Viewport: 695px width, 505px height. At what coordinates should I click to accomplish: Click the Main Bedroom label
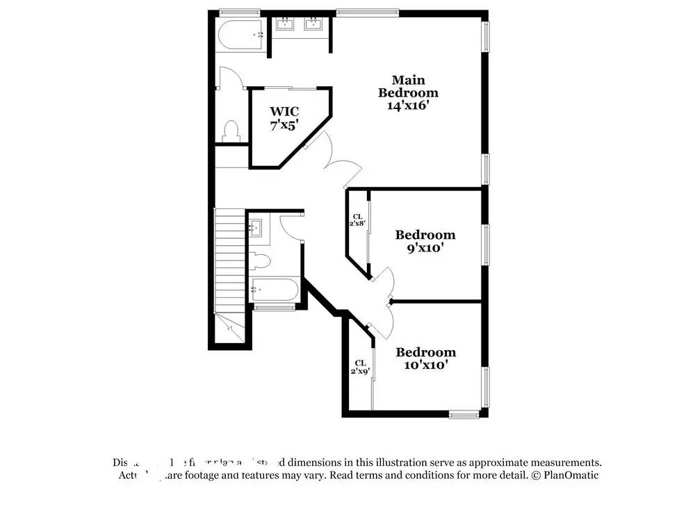coord(408,86)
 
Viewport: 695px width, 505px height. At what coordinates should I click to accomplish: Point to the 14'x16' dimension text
coord(408,106)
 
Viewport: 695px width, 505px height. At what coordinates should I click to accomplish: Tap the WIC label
coord(284,111)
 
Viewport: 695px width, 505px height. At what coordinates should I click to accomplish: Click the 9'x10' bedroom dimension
coord(425,248)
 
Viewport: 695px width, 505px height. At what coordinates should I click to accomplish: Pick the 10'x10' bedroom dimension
coord(425,365)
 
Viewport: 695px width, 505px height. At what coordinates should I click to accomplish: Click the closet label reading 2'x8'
coord(357,224)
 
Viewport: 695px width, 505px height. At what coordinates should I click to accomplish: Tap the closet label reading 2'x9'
coord(360,371)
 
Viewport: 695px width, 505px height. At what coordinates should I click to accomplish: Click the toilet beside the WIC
coord(231,131)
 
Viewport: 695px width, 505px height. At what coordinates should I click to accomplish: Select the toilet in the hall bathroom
coord(259,262)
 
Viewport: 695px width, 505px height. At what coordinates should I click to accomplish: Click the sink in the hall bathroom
coord(255,227)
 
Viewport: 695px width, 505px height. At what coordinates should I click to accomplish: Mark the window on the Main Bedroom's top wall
coord(367,12)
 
